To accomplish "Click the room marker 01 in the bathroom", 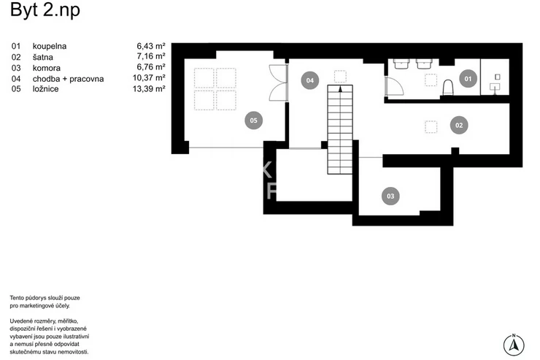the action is (468, 79).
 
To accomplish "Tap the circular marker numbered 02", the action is (459, 126).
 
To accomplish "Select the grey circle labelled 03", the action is (390, 196).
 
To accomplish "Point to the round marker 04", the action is (310, 80).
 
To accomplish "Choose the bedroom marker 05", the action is (253, 120).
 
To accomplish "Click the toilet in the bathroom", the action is (448, 87).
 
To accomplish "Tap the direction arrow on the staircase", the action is (340, 89).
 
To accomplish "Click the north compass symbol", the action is (514, 344).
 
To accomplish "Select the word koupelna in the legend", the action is (50, 46).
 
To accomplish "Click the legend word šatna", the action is (43, 57).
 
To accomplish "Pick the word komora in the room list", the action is (47, 68).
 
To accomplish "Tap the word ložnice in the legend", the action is (45, 89).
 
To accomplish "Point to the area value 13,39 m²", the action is (149, 89).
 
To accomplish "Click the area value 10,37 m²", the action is (149, 78).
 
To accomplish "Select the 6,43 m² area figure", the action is (151, 46).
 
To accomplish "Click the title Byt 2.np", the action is (45, 9).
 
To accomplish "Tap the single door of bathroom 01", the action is (394, 86).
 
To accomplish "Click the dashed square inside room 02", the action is (431, 127).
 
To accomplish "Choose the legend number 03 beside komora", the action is (16, 68).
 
